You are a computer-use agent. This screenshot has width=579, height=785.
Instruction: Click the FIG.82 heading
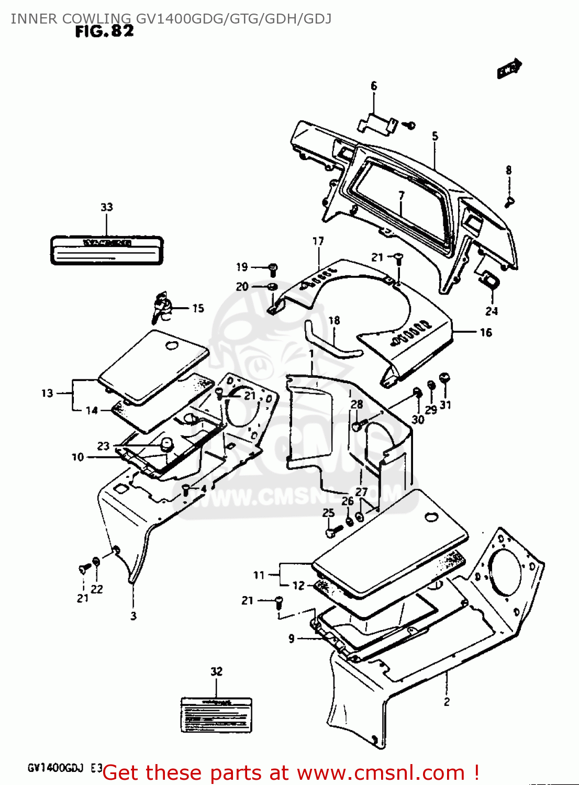(104, 31)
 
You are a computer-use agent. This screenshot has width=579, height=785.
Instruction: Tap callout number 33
(107, 207)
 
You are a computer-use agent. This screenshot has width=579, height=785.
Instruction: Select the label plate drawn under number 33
(107, 250)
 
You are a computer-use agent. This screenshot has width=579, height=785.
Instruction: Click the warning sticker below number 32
(216, 715)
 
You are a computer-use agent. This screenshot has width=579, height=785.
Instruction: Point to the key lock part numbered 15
(162, 308)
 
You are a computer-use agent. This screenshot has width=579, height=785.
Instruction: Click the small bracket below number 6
(376, 123)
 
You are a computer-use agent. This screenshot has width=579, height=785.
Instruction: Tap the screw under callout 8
(509, 201)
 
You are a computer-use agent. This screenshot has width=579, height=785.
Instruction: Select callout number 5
(435, 137)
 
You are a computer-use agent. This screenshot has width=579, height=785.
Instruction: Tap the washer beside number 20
(272, 287)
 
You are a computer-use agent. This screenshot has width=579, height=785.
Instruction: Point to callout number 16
(486, 332)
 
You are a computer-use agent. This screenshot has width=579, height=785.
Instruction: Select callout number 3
(133, 615)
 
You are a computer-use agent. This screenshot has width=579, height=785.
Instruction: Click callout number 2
(447, 702)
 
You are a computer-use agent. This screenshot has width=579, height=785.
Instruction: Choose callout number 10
(77, 457)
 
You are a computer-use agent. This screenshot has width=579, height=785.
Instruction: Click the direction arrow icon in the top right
(509, 68)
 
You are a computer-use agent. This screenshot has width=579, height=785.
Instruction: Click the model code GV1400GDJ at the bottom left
(56, 768)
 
